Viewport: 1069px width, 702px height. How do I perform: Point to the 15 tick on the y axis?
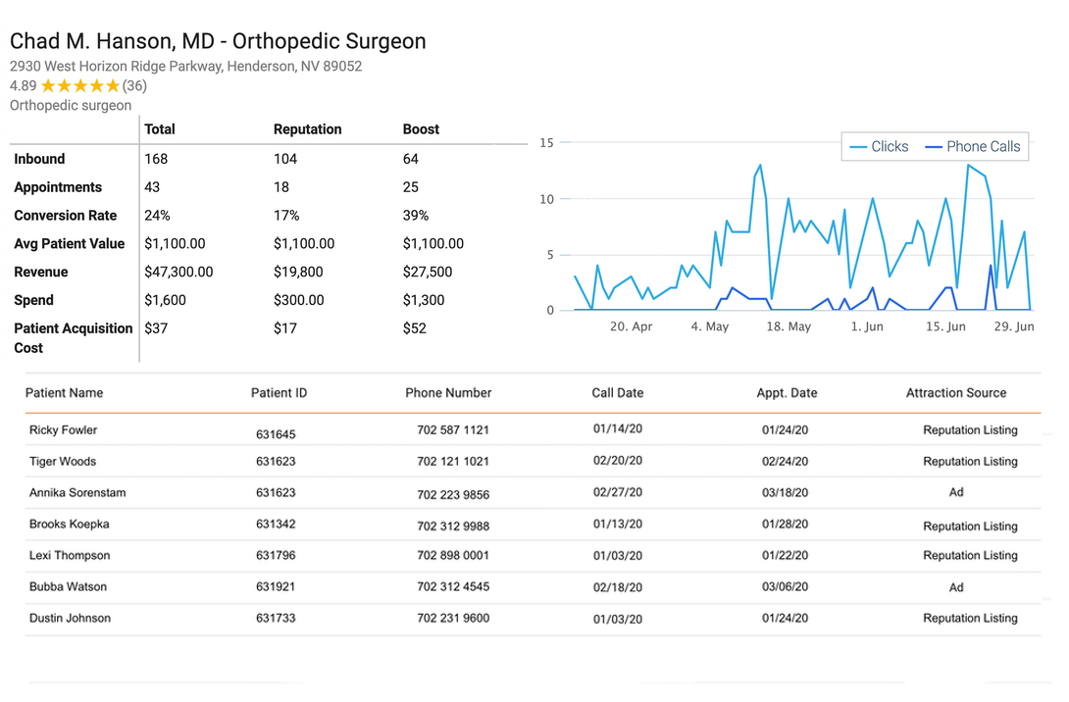pyautogui.click(x=547, y=143)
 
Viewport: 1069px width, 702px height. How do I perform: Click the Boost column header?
pyautogui.click(x=421, y=129)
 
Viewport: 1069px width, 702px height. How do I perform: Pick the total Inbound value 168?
pyautogui.click(x=156, y=159)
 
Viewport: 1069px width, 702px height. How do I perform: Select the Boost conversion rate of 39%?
pyautogui.click(x=416, y=216)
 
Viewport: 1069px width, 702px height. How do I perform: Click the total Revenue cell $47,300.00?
pyautogui.click(x=178, y=272)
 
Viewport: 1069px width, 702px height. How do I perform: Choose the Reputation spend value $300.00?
pyautogui.click(x=304, y=300)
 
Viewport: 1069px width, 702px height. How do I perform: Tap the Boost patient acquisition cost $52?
pyautogui.click(x=414, y=328)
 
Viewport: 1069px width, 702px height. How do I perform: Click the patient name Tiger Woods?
pyautogui.click(x=63, y=462)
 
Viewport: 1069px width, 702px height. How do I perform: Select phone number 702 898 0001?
pyautogui.click(x=453, y=556)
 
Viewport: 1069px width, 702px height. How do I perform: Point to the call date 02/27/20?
pyautogui.click(x=618, y=493)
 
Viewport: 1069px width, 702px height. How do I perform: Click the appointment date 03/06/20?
pyautogui.click(x=785, y=587)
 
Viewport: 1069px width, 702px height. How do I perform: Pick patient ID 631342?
pyautogui.click(x=276, y=525)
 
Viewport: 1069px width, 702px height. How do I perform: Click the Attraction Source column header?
pyautogui.click(x=955, y=393)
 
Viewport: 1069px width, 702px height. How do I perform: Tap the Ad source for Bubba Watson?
pyautogui.click(x=956, y=587)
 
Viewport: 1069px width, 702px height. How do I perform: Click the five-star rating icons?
pyautogui.click(x=79, y=86)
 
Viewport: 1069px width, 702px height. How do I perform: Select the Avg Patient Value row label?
pyautogui.click(x=69, y=244)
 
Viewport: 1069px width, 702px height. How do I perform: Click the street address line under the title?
pyautogui.click(x=185, y=67)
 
